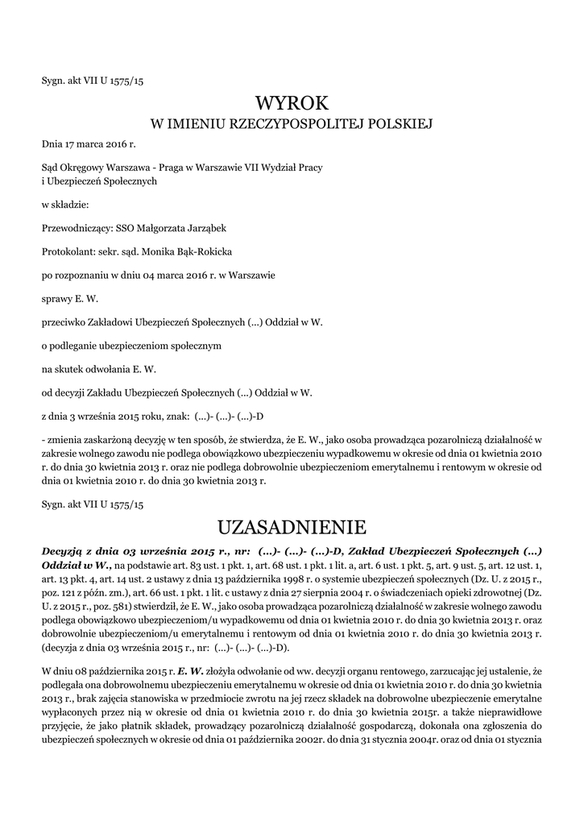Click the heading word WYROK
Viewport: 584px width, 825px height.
coord(292,102)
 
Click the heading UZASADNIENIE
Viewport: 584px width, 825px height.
coord(292,528)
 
